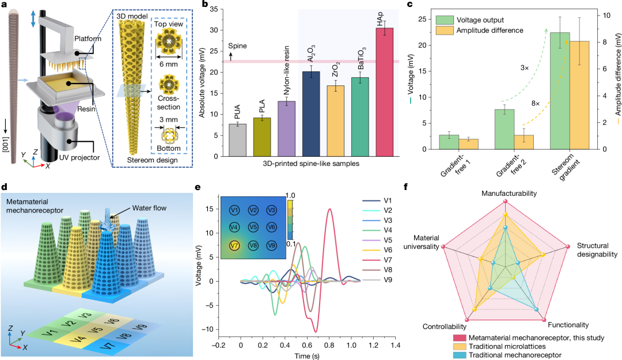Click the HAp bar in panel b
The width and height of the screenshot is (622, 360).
(384, 92)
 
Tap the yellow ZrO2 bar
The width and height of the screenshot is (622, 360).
(328, 121)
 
